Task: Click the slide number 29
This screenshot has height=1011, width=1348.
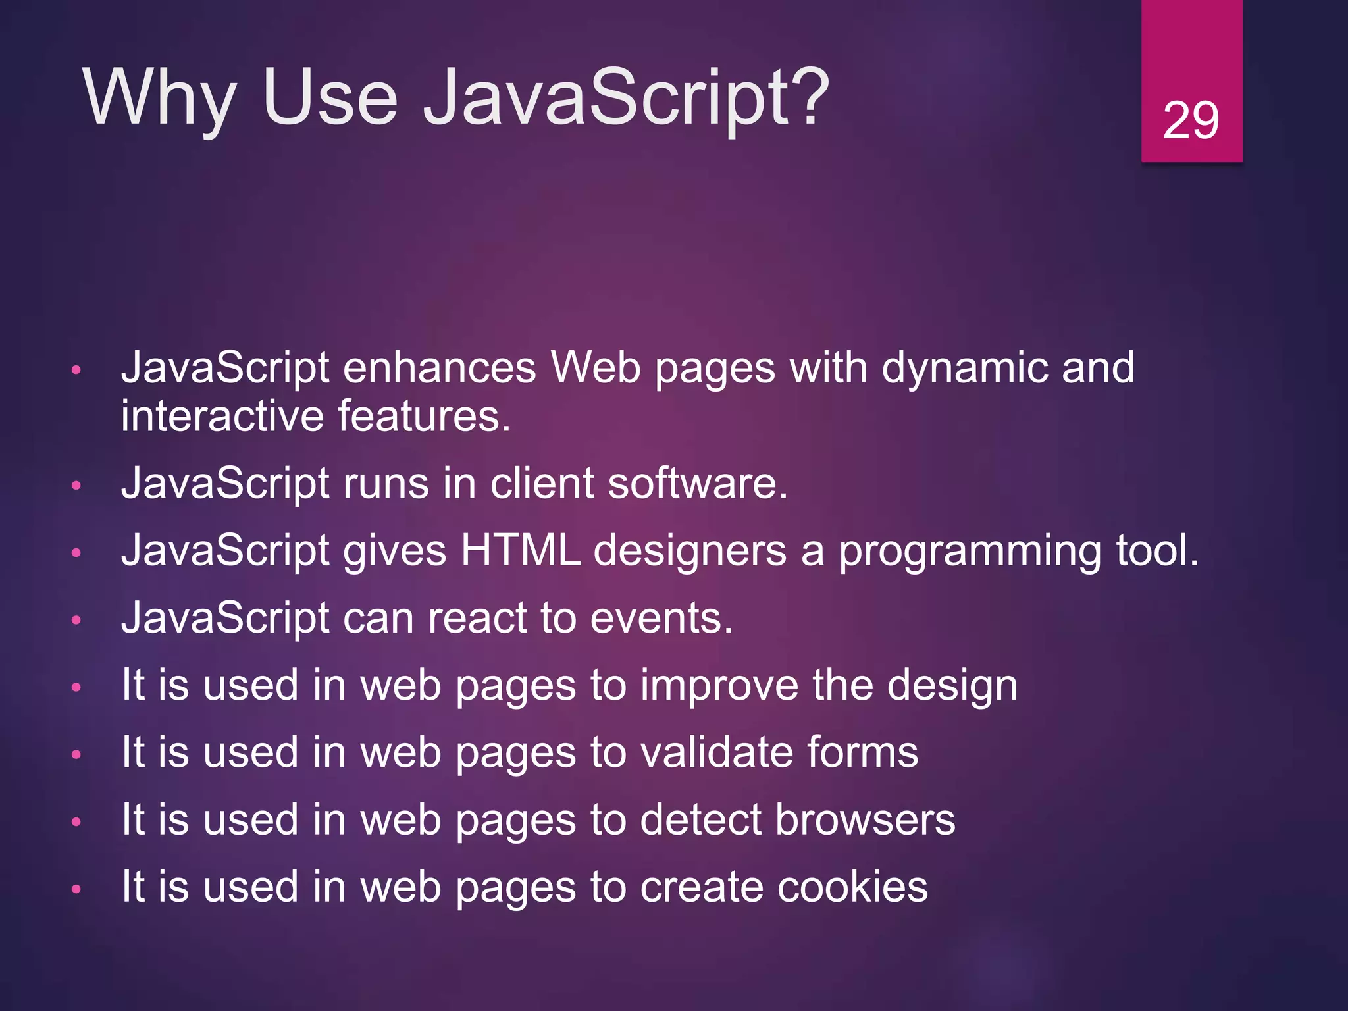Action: (1191, 121)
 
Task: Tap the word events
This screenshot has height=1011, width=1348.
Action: (661, 619)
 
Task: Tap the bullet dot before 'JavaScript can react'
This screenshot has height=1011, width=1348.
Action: (76, 620)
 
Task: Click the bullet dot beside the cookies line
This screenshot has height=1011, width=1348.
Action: (76, 889)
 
